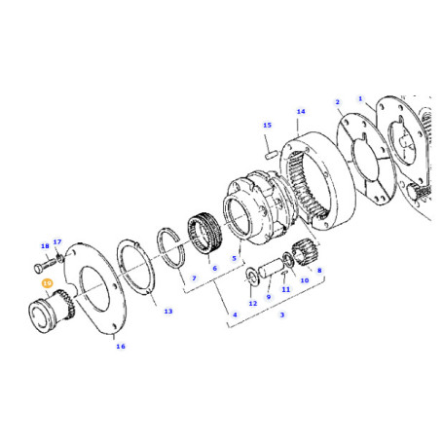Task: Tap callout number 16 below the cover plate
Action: click(x=120, y=346)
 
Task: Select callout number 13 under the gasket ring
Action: click(x=167, y=312)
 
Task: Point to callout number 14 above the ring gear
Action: click(x=301, y=112)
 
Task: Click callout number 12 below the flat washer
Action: click(x=252, y=304)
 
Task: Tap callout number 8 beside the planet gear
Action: click(x=319, y=271)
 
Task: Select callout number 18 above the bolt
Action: click(x=44, y=246)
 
